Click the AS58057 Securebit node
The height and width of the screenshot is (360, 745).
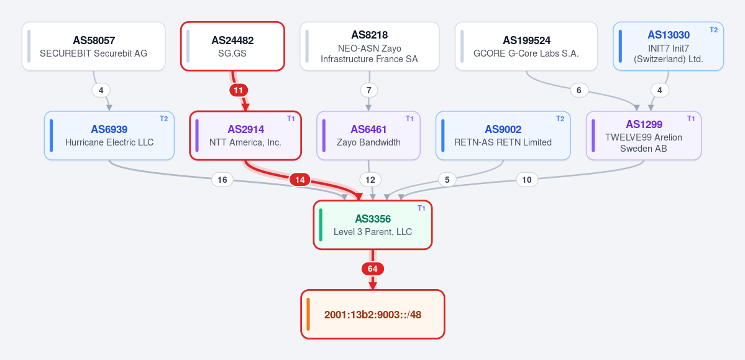pos(94,46)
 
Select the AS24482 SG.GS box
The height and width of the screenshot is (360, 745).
pos(232,46)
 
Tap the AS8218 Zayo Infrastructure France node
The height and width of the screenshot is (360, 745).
pos(370,46)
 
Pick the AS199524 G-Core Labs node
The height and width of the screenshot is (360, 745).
pos(526,46)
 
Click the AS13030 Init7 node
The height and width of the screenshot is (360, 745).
pos(669,46)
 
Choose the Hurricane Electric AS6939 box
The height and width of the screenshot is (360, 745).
pos(109,136)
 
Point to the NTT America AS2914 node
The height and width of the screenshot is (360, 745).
pos(245,136)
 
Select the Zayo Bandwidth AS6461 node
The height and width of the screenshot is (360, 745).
pos(368,136)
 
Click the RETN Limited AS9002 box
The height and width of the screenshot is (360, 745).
pos(503,136)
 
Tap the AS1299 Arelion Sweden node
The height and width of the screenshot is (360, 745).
pos(644,136)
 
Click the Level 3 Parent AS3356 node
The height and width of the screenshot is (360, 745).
pos(373,225)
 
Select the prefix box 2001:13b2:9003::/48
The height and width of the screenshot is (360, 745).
pos(373,315)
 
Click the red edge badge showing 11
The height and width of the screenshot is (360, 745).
pos(239,90)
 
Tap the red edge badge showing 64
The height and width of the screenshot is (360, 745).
pos(373,269)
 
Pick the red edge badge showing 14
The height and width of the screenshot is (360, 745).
pos(300,180)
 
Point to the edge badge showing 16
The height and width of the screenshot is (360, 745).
pos(222,180)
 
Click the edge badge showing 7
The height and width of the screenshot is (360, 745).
pos(369,90)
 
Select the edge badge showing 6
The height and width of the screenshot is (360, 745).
pos(578,90)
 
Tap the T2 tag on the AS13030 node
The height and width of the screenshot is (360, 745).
pos(714,29)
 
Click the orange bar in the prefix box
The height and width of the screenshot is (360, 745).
pos(308,315)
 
